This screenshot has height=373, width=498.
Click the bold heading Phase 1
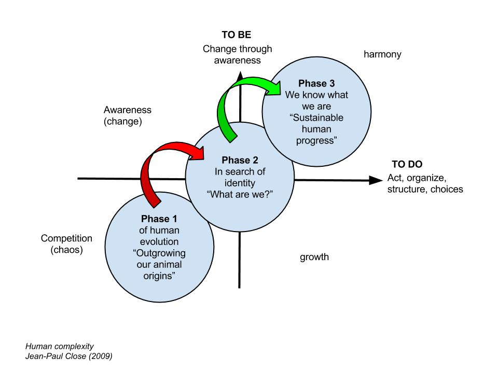click(x=160, y=218)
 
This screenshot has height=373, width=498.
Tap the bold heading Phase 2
click(x=240, y=160)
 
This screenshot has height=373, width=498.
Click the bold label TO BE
click(x=237, y=36)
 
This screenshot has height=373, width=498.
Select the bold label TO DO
click(x=407, y=165)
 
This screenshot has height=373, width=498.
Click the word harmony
click(x=383, y=54)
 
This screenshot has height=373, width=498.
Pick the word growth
click(x=314, y=257)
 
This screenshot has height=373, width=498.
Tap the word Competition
click(x=66, y=239)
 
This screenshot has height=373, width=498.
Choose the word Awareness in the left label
click(x=128, y=110)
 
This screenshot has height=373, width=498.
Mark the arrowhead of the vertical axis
click(x=240, y=76)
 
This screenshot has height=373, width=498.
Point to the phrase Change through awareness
click(x=237, y=54)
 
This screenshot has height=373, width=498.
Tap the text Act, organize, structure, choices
click(x=425, y=183)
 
